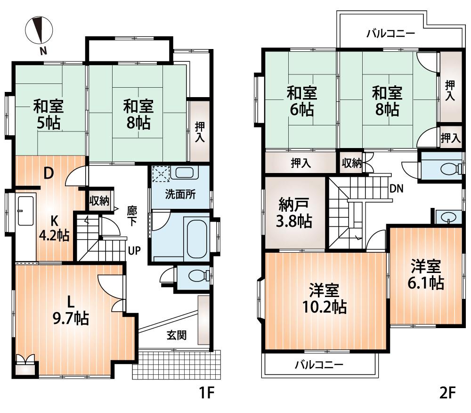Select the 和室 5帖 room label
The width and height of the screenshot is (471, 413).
(x=48, y=115)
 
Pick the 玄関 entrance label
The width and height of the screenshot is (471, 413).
(x=177, y=335)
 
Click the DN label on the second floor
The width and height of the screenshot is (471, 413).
(x=397, y=189)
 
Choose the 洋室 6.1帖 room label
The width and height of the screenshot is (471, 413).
(x=426, y=275)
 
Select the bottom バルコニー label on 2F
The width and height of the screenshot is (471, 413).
(x=319, y=364)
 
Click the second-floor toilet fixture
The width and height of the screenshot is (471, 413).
(x=448, y=168)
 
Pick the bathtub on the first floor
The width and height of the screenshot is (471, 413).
(x=197, y=236)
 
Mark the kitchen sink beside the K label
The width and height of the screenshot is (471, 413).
(x=25, y=210)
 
